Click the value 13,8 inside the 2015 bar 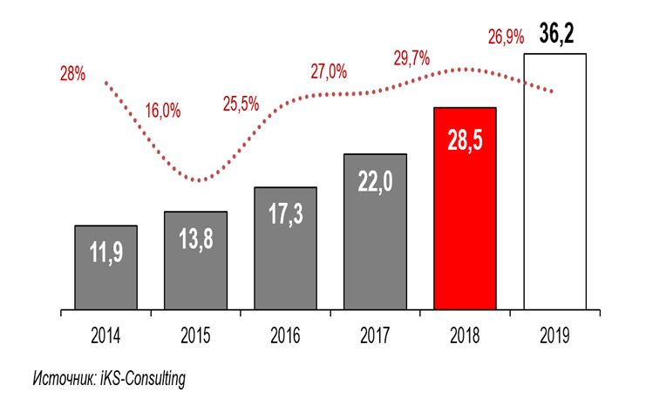click(x=195, y=241)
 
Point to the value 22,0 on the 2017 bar click(x=375, y=184)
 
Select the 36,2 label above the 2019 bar click(x=555, y=36)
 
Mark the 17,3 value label click(x=285, y=215)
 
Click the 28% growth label click(x=72, y=74)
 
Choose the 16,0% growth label click(x=164, y=111)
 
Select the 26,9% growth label click(x=506, y=37)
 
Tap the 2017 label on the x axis click(x=375, y=335)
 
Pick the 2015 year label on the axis click(x=195, y=335)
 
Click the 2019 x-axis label click(x=554, y=335)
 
